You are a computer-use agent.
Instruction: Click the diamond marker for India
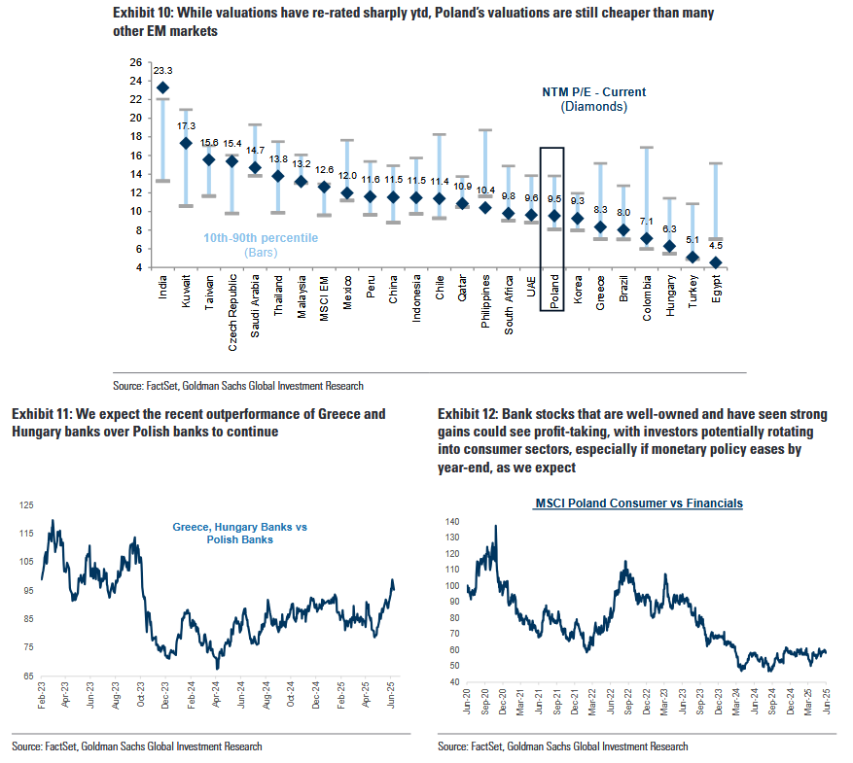coord(162,87)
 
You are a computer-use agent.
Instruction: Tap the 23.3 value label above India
coord(162,71)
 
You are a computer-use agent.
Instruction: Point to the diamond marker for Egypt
coord(716,262)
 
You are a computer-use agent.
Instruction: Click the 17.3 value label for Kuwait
coord(185,126)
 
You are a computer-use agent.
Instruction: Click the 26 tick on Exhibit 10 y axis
coord(136,62)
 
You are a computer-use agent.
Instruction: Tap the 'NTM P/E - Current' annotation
coord(593,92)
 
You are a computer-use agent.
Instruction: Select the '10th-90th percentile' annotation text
coord(261,238)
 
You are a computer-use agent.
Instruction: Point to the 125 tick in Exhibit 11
coord(26,505)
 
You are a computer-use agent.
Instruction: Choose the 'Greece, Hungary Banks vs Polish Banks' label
coord(239,533)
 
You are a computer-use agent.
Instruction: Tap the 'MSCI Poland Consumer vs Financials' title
coord(639,503)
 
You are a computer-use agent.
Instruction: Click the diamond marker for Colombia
coord(647,238)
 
